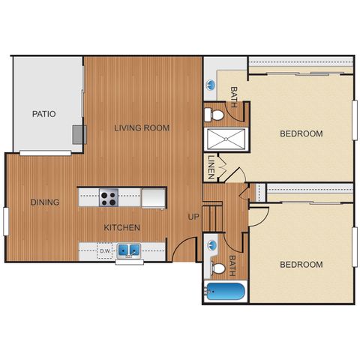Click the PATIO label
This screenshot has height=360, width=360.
click(44, 114)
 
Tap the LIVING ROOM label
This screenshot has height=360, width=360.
click(142, 128)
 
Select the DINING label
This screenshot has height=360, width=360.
click(45, 202)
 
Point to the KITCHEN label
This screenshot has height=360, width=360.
click(121, 227)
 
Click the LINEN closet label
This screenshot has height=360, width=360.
click(211, 167)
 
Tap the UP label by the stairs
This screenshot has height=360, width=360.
click(193, 217)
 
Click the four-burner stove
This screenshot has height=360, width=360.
click(109, 197)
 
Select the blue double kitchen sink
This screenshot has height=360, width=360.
click(129, 250)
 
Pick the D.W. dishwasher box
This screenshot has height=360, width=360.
click(105, 250)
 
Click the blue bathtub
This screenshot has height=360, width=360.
click(225, 291)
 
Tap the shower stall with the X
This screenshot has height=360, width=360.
click(226, 139)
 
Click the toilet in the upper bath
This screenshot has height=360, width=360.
click(214, 115)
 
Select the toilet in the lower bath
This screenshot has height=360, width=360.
click(218, 268)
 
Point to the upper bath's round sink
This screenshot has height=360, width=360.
click(211, 85)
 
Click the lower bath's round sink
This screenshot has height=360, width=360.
click(212, 245)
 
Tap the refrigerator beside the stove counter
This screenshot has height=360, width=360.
click(154, 198)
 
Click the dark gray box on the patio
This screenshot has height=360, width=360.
click(79, 135)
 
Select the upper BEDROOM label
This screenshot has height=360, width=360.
click(301, 133)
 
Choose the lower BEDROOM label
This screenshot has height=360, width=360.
click(301, 265)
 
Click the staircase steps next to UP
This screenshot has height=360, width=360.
click(212, 218)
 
